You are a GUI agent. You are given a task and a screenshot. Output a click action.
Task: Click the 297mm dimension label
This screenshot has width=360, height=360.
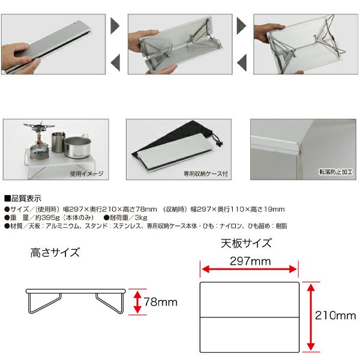[250, 261]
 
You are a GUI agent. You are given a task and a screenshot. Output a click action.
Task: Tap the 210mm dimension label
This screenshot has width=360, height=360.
[335, 316]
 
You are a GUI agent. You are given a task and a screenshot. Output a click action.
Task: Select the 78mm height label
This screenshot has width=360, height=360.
[161, 302]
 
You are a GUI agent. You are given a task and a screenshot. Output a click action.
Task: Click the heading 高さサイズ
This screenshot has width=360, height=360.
[55, 253]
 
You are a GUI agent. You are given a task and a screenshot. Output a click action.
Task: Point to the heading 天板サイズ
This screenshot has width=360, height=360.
[246, 244]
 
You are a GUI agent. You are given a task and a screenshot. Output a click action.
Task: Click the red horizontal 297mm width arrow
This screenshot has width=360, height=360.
[250, 269]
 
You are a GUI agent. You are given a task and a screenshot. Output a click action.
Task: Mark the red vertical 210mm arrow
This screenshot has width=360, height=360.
[311, 317]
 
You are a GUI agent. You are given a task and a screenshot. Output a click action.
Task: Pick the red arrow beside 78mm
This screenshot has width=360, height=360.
[137, 302]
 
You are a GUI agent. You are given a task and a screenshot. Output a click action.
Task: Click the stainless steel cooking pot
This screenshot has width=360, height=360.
[77, 147]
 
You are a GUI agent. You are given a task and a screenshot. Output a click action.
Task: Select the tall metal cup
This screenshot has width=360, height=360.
[58, 142]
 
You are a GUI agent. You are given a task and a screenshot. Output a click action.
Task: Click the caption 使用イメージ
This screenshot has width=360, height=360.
[87, 173]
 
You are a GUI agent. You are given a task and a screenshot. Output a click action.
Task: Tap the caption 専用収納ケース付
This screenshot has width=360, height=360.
[205, 173]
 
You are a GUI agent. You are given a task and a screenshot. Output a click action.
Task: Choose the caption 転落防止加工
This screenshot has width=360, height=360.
[335, 172]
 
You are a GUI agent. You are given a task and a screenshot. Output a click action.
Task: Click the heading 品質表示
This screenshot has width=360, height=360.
[23, 198]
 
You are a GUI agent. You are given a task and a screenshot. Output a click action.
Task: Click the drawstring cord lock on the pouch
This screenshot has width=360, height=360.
[218, 144]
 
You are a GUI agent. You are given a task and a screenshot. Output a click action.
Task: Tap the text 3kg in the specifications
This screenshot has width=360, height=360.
[141, 217]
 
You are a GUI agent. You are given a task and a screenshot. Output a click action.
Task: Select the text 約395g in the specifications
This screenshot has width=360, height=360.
[48, 217]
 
